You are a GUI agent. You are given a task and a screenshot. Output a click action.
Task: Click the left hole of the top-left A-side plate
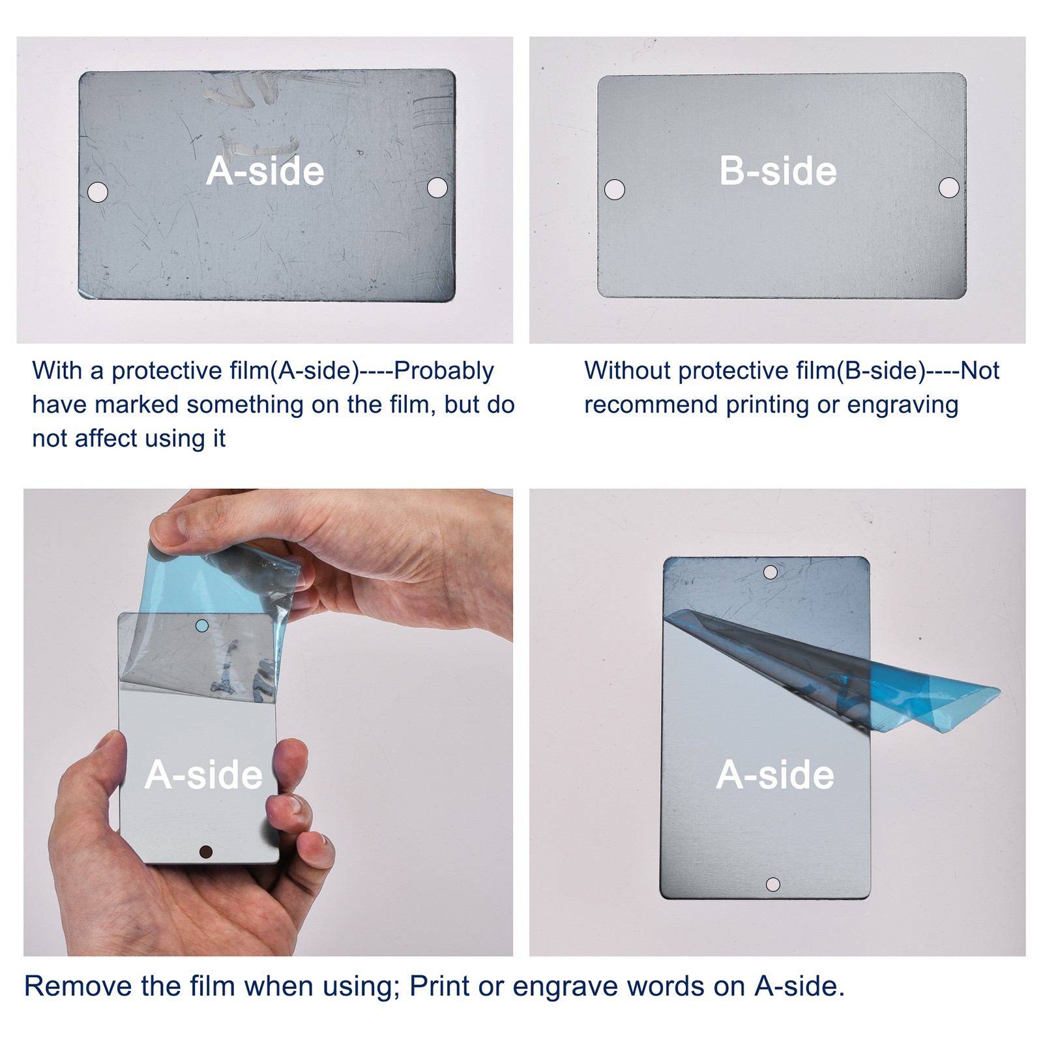(x=98, y=192)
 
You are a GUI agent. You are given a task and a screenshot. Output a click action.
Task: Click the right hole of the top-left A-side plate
(x=437, y=188)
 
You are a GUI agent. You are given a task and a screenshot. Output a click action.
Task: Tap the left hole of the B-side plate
(x=615, y=190)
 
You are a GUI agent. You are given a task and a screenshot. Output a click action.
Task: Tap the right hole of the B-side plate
(x=949, y=188)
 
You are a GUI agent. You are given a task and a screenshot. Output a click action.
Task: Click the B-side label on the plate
(x=778, y=171)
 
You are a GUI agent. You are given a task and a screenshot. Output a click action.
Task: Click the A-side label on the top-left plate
(x=265, y=171)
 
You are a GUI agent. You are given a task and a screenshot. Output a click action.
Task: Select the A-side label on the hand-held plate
(x=203, y=774)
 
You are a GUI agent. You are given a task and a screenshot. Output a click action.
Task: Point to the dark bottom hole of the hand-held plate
(x=206, y=851)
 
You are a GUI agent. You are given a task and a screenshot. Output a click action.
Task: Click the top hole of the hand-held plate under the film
(x=202, y=626)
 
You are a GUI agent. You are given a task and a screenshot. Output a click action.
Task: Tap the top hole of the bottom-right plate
(x=771, y=572)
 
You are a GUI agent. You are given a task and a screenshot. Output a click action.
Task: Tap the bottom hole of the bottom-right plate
(x=773, y=885)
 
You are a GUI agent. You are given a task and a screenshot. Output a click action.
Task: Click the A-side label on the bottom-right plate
(x=775, y=774)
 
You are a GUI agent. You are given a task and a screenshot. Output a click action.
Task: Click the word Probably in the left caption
(x=444, y=371)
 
